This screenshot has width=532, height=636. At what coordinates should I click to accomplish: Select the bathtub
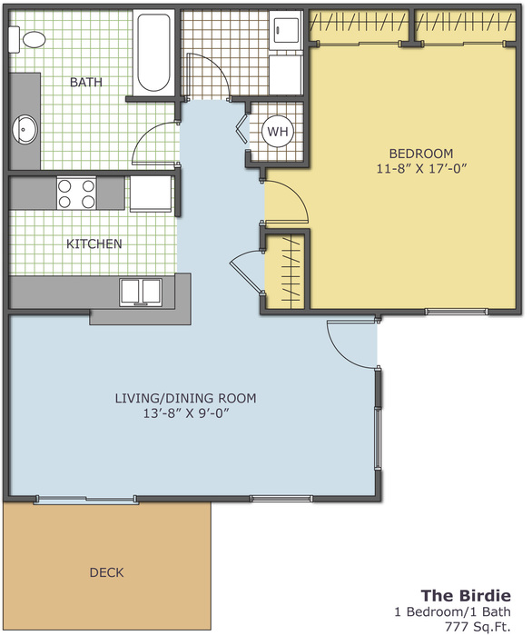click(153, 53)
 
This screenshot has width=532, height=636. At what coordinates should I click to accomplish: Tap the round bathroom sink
click(25, 129)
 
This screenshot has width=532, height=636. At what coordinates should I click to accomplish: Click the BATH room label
click(86, 82)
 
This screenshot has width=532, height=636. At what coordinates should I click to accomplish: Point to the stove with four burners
click(76, 193)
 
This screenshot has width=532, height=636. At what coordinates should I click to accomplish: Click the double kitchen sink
click(141, 292)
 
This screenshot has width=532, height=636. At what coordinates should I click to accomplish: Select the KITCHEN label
click(94, 243)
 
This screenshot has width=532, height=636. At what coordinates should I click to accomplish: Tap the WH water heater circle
click(278, 131)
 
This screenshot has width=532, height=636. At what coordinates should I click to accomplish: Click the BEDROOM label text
click(421, 154)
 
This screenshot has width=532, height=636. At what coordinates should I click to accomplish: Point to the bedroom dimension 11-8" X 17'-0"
click(422, 168)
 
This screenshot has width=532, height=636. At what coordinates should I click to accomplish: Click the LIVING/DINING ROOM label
click(185, 398)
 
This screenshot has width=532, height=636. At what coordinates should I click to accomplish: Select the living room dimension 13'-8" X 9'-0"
click(186, 413)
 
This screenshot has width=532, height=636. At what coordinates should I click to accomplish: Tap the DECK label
click(106, 572)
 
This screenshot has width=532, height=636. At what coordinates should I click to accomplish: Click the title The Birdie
click(466, 595)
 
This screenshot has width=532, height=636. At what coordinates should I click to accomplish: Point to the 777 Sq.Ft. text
click(478, 626)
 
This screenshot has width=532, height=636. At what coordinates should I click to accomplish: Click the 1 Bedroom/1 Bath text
click(453, 611)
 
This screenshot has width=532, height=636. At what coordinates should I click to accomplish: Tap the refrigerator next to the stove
click(151, 194)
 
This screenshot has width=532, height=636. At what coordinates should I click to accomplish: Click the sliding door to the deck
click(86, 500)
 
